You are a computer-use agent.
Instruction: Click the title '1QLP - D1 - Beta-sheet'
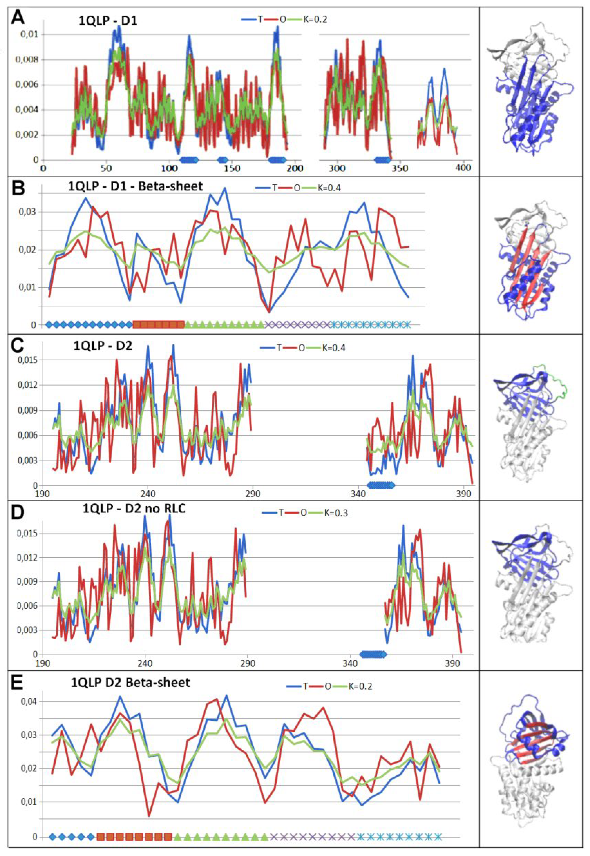point(135,186)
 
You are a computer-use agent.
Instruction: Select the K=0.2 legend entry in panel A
point(315,19)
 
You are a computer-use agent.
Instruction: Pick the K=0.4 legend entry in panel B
point(329,188)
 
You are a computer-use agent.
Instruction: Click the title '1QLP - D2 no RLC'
point(134,509)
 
